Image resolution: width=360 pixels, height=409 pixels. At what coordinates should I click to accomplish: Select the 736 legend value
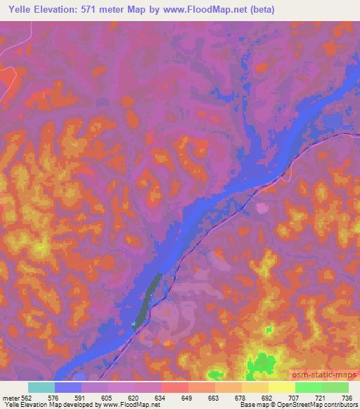pos(347,398)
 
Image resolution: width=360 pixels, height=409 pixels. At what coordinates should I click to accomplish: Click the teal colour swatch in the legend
pos(41,387)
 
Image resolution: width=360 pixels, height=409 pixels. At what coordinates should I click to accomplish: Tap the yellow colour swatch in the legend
pos(281,387)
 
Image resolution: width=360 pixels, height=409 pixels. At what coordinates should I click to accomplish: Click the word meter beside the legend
pos(11,398)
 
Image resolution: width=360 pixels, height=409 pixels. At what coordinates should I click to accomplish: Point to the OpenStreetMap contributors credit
pos(320,405)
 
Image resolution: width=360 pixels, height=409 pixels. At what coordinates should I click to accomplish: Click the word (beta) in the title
pos(259,9)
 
